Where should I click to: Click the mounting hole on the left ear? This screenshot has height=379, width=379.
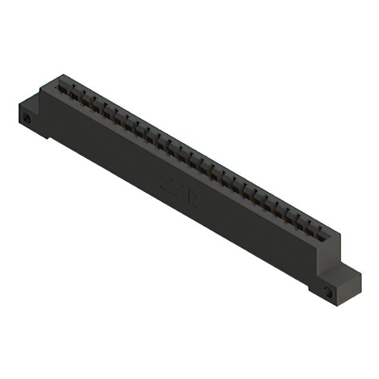click(27, 118)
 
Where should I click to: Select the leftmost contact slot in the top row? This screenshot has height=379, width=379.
click(64, 88)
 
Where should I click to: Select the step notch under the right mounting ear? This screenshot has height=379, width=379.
click(312, 290)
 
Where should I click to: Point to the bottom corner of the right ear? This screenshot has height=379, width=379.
click(341, 304)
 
